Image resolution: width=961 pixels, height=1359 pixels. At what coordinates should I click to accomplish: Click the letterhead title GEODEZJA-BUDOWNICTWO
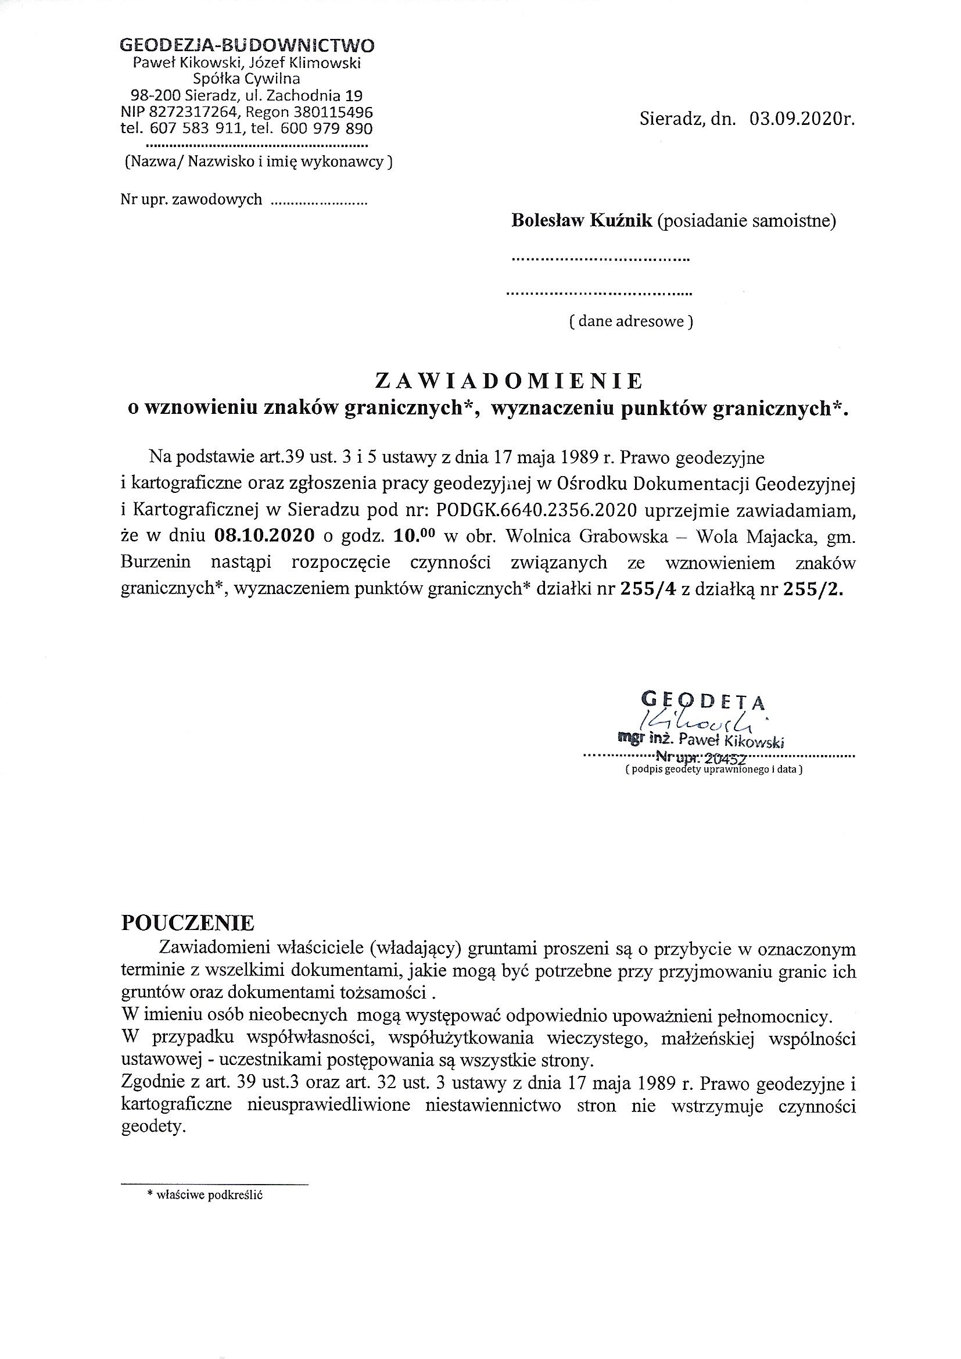point(247,45)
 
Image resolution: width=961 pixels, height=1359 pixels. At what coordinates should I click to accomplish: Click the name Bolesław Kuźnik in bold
point(582,221)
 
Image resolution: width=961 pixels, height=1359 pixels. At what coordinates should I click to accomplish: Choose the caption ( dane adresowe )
point(630,321)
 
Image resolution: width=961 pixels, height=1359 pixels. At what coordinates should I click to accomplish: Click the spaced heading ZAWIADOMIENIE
point(509,382)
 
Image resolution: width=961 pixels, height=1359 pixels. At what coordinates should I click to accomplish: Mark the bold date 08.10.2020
point(263,537)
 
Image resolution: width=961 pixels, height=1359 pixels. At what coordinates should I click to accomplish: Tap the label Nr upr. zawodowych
point(191,199)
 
